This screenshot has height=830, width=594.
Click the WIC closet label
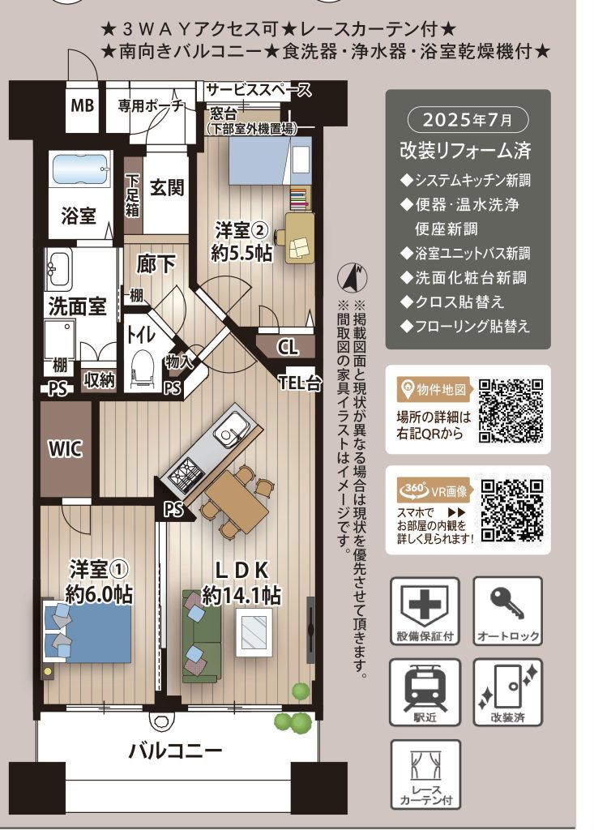(66, 449)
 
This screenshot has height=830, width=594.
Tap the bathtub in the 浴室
(80, 169)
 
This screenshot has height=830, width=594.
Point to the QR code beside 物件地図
(511, 410)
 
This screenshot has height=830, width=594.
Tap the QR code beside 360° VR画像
(512, 511)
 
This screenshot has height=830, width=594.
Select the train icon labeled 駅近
(425, 687)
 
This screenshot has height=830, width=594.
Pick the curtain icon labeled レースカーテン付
(425, 767)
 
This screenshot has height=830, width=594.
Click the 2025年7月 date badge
(468, 120)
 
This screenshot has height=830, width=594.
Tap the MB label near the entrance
(82, 105)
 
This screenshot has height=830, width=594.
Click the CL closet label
(288, 347)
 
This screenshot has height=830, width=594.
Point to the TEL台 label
(300, 383)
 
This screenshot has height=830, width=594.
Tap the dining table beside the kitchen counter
(236, 502)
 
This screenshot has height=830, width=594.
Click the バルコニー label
(175, 750)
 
